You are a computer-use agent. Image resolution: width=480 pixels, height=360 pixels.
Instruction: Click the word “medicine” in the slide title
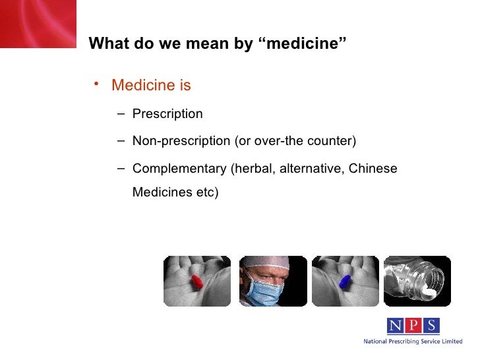pos(305,44)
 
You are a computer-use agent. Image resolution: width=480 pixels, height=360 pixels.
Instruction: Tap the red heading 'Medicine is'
pos(151,86)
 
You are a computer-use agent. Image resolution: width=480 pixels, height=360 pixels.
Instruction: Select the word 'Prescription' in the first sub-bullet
pos(167,114)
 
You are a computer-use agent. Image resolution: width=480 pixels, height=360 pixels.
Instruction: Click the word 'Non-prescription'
pos(182,141)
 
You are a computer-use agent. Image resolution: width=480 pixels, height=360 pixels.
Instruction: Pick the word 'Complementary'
pos(179,168)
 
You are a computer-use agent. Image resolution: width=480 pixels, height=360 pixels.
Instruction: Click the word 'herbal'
pos(251,168)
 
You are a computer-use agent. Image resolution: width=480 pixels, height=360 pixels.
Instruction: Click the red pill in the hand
pos(196,282)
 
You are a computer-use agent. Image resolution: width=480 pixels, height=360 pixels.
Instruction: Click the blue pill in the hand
pos(344,282)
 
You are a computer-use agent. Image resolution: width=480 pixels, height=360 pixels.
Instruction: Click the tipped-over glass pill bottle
pos(417,280)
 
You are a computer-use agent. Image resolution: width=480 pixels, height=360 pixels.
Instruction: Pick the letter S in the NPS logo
pos(431,326)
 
